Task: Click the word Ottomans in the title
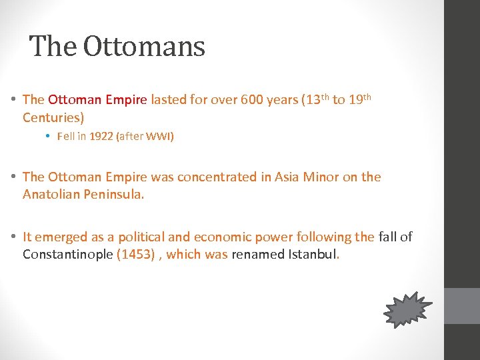pos(145,47)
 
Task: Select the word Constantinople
pos(67,255)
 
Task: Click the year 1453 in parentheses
pos(137,255)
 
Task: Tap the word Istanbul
pos(312,255)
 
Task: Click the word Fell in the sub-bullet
pos(67,137)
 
